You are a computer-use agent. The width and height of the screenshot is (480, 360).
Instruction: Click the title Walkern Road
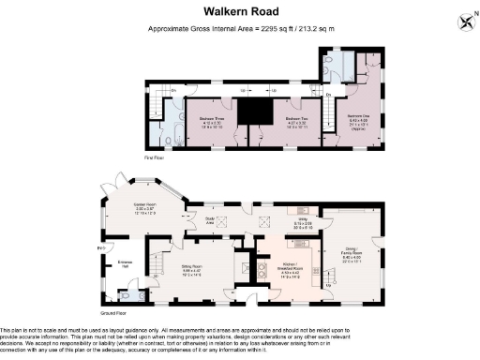tap(239, 11)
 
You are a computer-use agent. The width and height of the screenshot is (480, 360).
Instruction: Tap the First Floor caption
tap(154, 158)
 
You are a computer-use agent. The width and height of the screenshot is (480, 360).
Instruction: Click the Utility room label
tap(303, 224)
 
